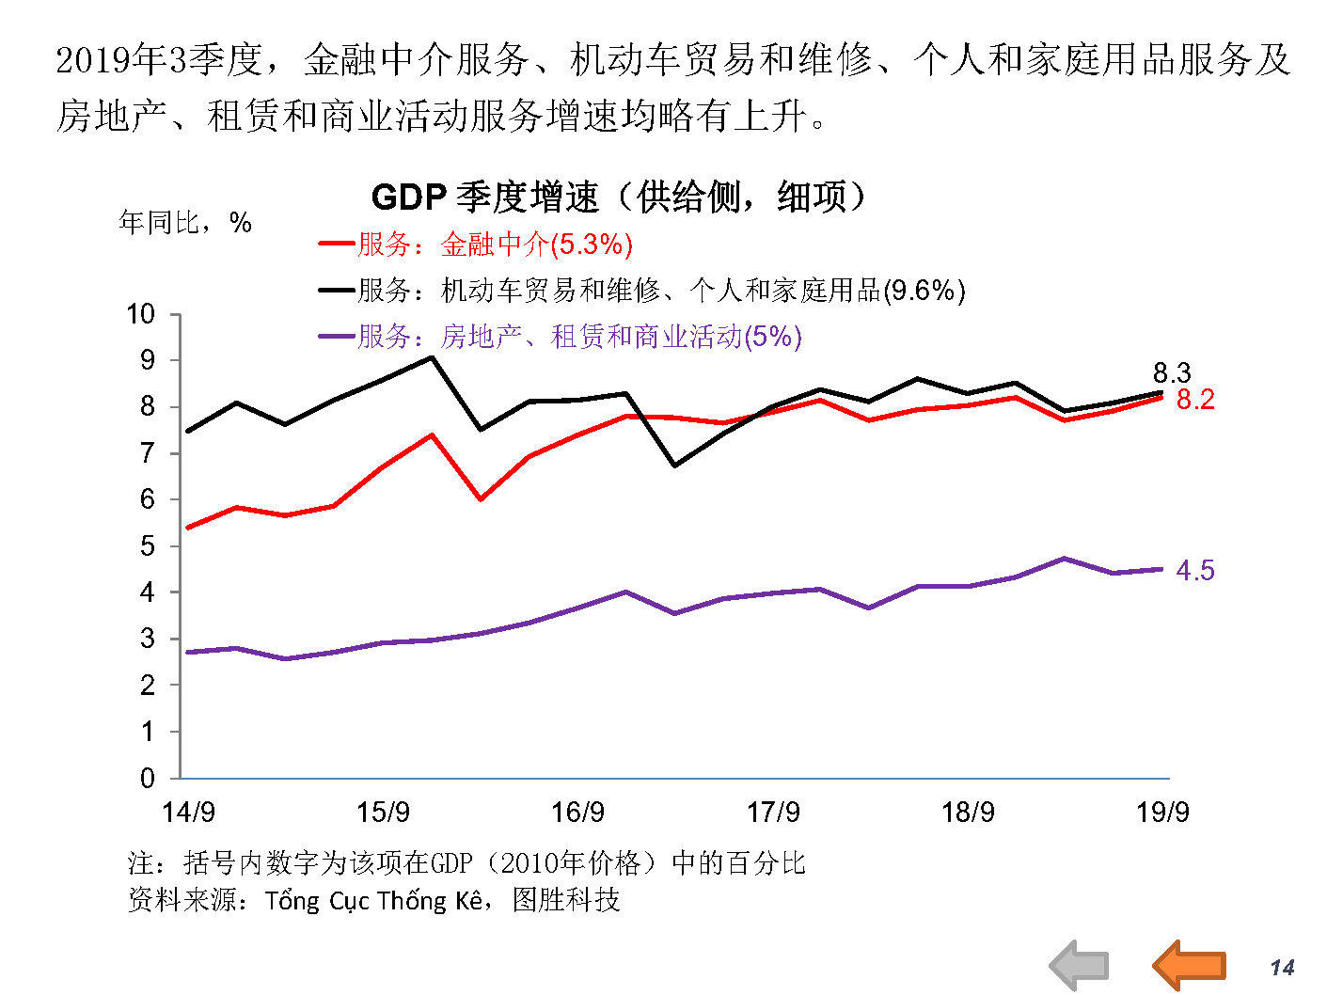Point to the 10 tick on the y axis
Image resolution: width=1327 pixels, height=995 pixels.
tap(141, 314)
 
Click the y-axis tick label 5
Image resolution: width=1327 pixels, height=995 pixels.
tap(148, 546)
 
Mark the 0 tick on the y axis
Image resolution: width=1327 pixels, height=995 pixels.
tap(148, 778)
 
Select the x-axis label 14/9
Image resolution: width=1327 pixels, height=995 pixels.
tap(188, 812)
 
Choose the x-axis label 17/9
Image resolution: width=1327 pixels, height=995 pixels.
tap(773, 812)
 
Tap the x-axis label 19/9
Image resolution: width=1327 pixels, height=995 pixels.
tap(1162, 812)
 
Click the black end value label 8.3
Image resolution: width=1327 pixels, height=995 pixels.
tap(1172, 372)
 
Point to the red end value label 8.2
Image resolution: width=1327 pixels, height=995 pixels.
tap(1195, 400)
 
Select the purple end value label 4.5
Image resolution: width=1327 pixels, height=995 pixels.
tap(1195, 570)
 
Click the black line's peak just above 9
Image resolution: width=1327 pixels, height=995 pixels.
tap(432, 357)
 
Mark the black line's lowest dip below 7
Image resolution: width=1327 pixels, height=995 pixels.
tap(675, 466)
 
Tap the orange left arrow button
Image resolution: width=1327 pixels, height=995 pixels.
tap(1190, 965)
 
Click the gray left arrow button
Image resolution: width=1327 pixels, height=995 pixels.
tap(1080, 965)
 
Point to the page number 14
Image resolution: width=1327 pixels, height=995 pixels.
tap(1282, 968)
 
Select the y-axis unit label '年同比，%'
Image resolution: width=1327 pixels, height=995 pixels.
tap(185, 223)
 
